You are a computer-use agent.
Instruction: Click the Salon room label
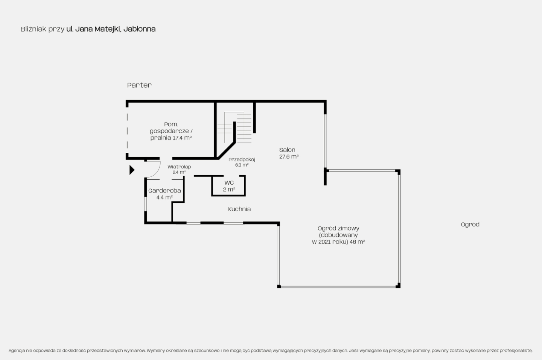tap(289, 153)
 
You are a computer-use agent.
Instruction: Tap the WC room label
tap(229, 186)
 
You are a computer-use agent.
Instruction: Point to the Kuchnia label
tap(239, 209)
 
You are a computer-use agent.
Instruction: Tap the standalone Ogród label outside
tap(470, 224)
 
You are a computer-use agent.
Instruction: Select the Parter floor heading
tap(139, 85)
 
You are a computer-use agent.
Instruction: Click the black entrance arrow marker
tap(131, 170)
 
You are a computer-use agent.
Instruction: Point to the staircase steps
tap(234, 127)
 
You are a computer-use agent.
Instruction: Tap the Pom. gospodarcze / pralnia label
tap(171, 131)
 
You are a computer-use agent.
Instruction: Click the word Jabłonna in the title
tap(139, 29)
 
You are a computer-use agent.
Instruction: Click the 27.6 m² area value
tap(289, 156)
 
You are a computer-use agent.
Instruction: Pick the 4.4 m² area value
tap(164, 197)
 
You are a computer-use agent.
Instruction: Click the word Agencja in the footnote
tap(17, 351)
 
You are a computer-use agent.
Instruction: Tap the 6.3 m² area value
tap(242, 165)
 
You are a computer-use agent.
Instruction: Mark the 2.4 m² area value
tap(179, 172)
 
